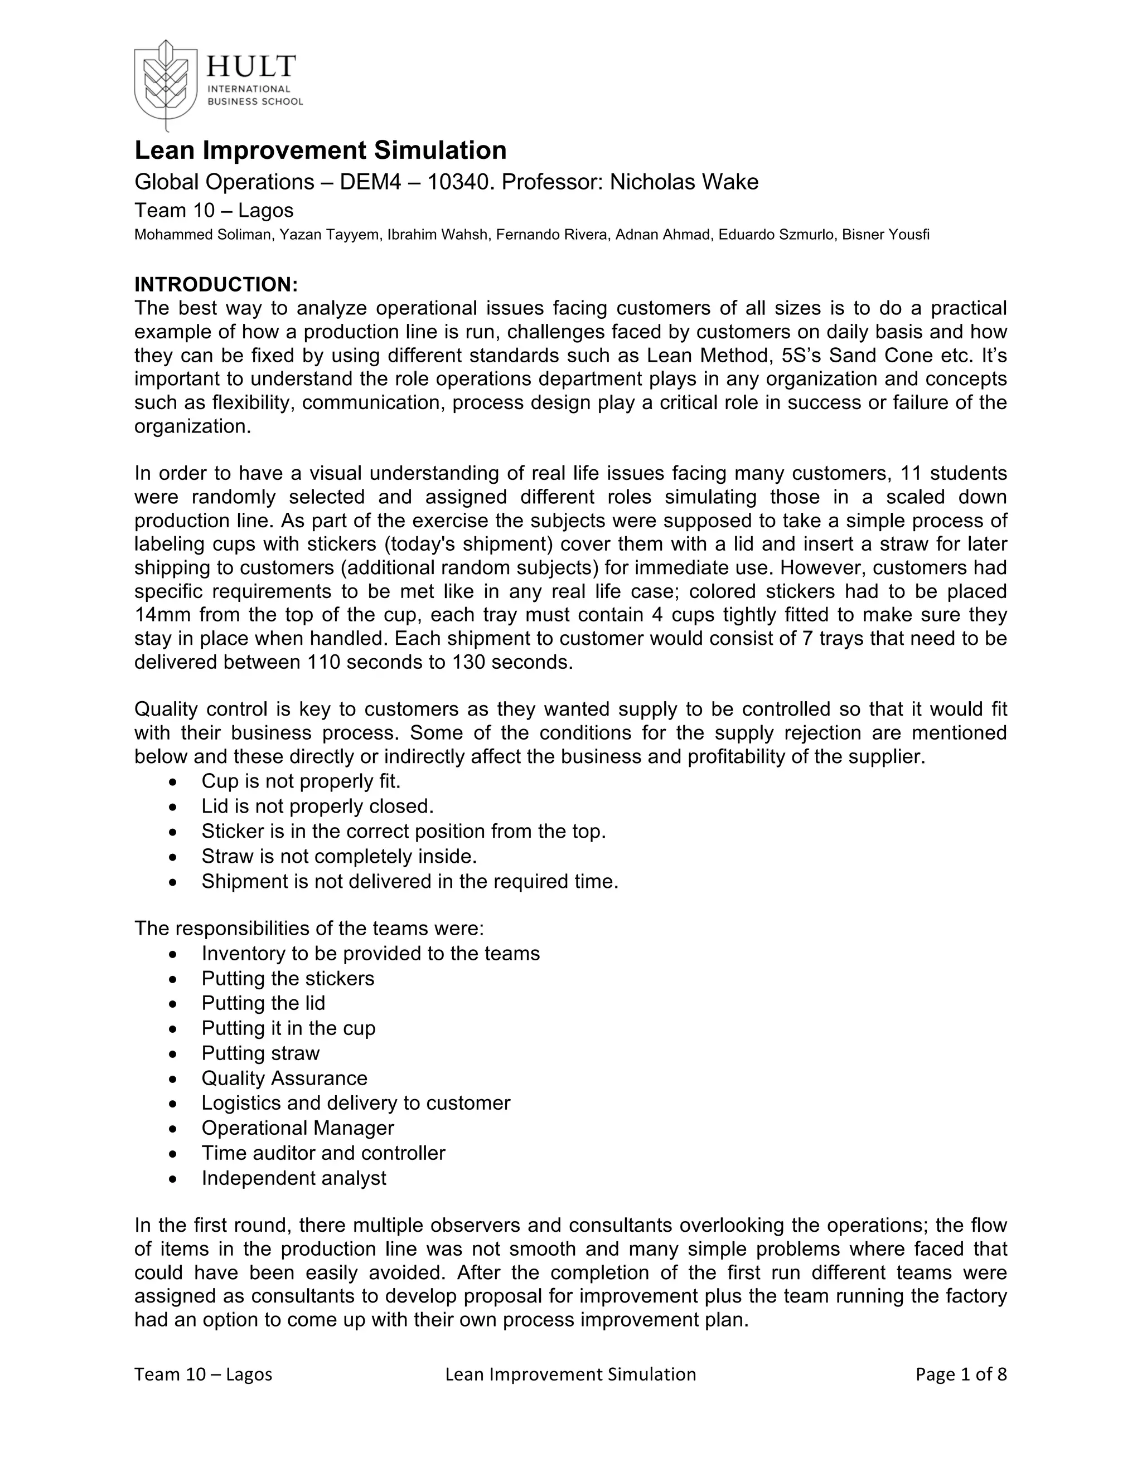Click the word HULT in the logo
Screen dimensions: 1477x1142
(251, 66)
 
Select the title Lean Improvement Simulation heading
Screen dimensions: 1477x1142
(320, 150)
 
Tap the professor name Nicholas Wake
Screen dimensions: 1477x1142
(684, 182)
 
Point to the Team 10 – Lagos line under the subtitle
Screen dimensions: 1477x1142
(214, 210)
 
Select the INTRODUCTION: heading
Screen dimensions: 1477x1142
(216, 284)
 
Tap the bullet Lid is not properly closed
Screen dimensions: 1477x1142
(317, 806)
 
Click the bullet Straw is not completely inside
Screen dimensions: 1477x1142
(339, 856)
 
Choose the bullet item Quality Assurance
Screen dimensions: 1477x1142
(284, 1078)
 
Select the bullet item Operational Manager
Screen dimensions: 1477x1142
(297, 1128)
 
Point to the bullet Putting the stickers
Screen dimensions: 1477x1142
(288, 979)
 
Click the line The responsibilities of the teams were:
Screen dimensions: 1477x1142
(309, 929)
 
